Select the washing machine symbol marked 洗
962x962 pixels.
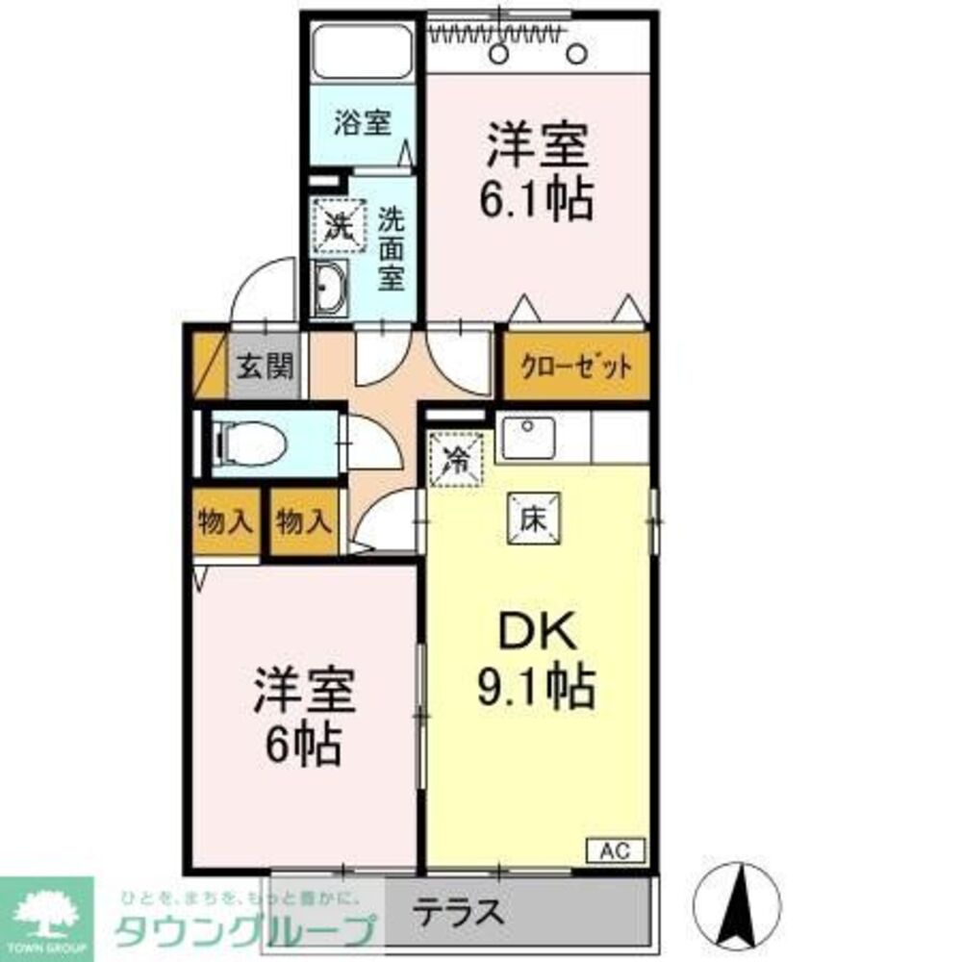(x=338, y=224)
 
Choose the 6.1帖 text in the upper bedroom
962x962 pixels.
(x=537, y=200)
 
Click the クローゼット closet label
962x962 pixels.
(x=576, y=367)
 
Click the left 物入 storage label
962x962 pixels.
(x=225, y=522)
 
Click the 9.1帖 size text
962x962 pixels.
(x=536, y=686)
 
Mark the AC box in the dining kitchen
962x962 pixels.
(x=616, y=849)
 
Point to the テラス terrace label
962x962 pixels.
(x=460, y=909)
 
